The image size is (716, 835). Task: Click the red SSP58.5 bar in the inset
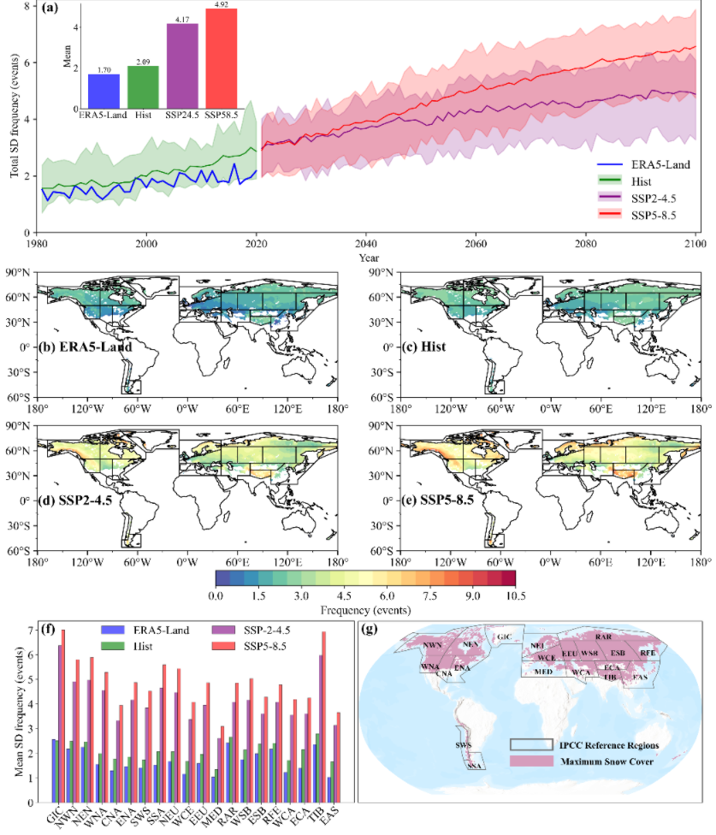coord(221,56)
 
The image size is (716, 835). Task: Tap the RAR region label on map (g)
coord(603,637)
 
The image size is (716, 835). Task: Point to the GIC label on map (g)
coord(505,637)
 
